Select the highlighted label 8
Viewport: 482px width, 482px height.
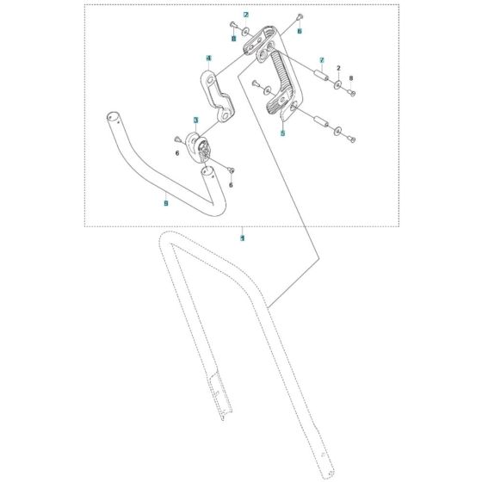pyautogui.click(x=233, y=39)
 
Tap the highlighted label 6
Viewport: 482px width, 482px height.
pyautogui.click(x=300, y=30)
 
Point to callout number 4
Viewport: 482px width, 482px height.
pyautogui.click(x=208, y=58)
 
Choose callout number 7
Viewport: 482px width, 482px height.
pyautogui.click(x=321, y=61)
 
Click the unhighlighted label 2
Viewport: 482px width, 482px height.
pyautogui.click(x=339, y=67)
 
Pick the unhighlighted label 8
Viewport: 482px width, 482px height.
pyautogui.click(x=351, y=77)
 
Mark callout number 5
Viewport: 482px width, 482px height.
pyautogui.click(x=283, y=134)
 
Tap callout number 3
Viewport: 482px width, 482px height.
pyautogui.click(x=196, y=120)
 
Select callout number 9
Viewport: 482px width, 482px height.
pyautogui.click(x=166, y=203)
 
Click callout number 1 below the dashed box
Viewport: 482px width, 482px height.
pyautogui.click(x=243, y=237)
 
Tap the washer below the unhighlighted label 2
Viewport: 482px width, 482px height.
pyautogui.click(x=339, y=83)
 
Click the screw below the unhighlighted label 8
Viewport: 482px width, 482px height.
pyautogui.click(x=352, y=92)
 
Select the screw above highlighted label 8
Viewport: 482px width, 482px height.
pyautogui.click(x=233, y=22)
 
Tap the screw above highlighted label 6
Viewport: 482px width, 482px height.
pyautogui.click(x=298, y=16)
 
